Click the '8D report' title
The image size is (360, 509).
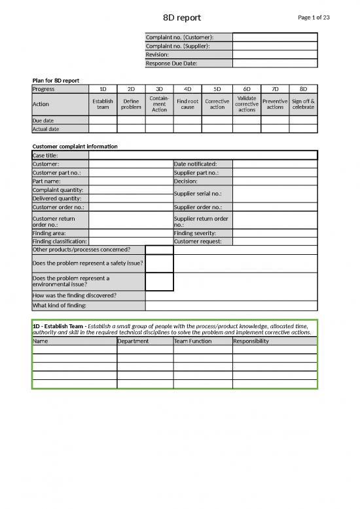[182, 17]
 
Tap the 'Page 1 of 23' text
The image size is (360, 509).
[314, 17]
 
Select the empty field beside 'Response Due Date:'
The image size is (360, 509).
[275, 64]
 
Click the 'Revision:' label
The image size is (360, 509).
[158, 55]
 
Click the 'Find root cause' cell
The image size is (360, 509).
[187, 105]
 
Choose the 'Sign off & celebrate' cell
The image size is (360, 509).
[303, 105]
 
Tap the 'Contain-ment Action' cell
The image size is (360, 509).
[159, 105]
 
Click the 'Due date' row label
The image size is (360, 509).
[45, 121]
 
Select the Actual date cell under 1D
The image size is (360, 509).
[103, 129]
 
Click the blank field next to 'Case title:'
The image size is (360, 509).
[203, 155]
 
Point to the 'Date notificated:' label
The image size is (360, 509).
[195, 164]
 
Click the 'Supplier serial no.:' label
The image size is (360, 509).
[198, 194]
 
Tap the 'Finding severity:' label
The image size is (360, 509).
[195, 233]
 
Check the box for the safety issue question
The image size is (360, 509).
[159, 263]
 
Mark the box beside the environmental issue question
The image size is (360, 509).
[159, 282]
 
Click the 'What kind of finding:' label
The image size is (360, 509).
[60, 305]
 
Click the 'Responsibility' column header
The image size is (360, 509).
[251, 341]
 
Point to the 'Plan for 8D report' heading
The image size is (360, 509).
[56, 80]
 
